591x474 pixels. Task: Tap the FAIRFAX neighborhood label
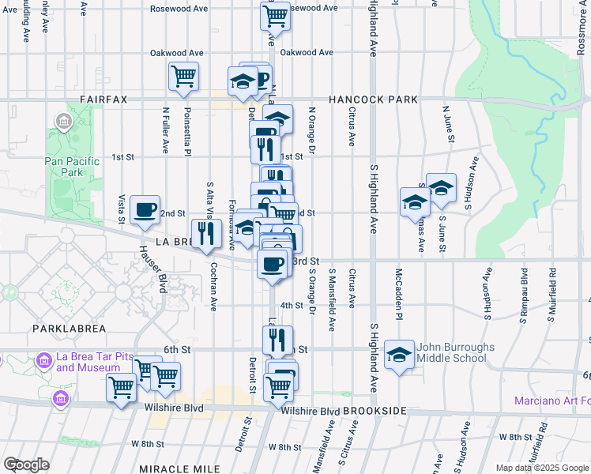point(103,100)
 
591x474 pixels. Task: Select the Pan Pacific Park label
point(72,167)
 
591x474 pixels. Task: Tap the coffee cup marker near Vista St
point(145,209)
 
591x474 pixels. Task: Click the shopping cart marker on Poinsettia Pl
point(183,77)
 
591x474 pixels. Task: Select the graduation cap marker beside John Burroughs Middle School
point(400,355)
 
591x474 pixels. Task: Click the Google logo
point(26,465)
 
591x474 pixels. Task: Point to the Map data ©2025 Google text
point(541,468)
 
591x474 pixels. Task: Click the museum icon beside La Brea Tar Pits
point(44,361)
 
